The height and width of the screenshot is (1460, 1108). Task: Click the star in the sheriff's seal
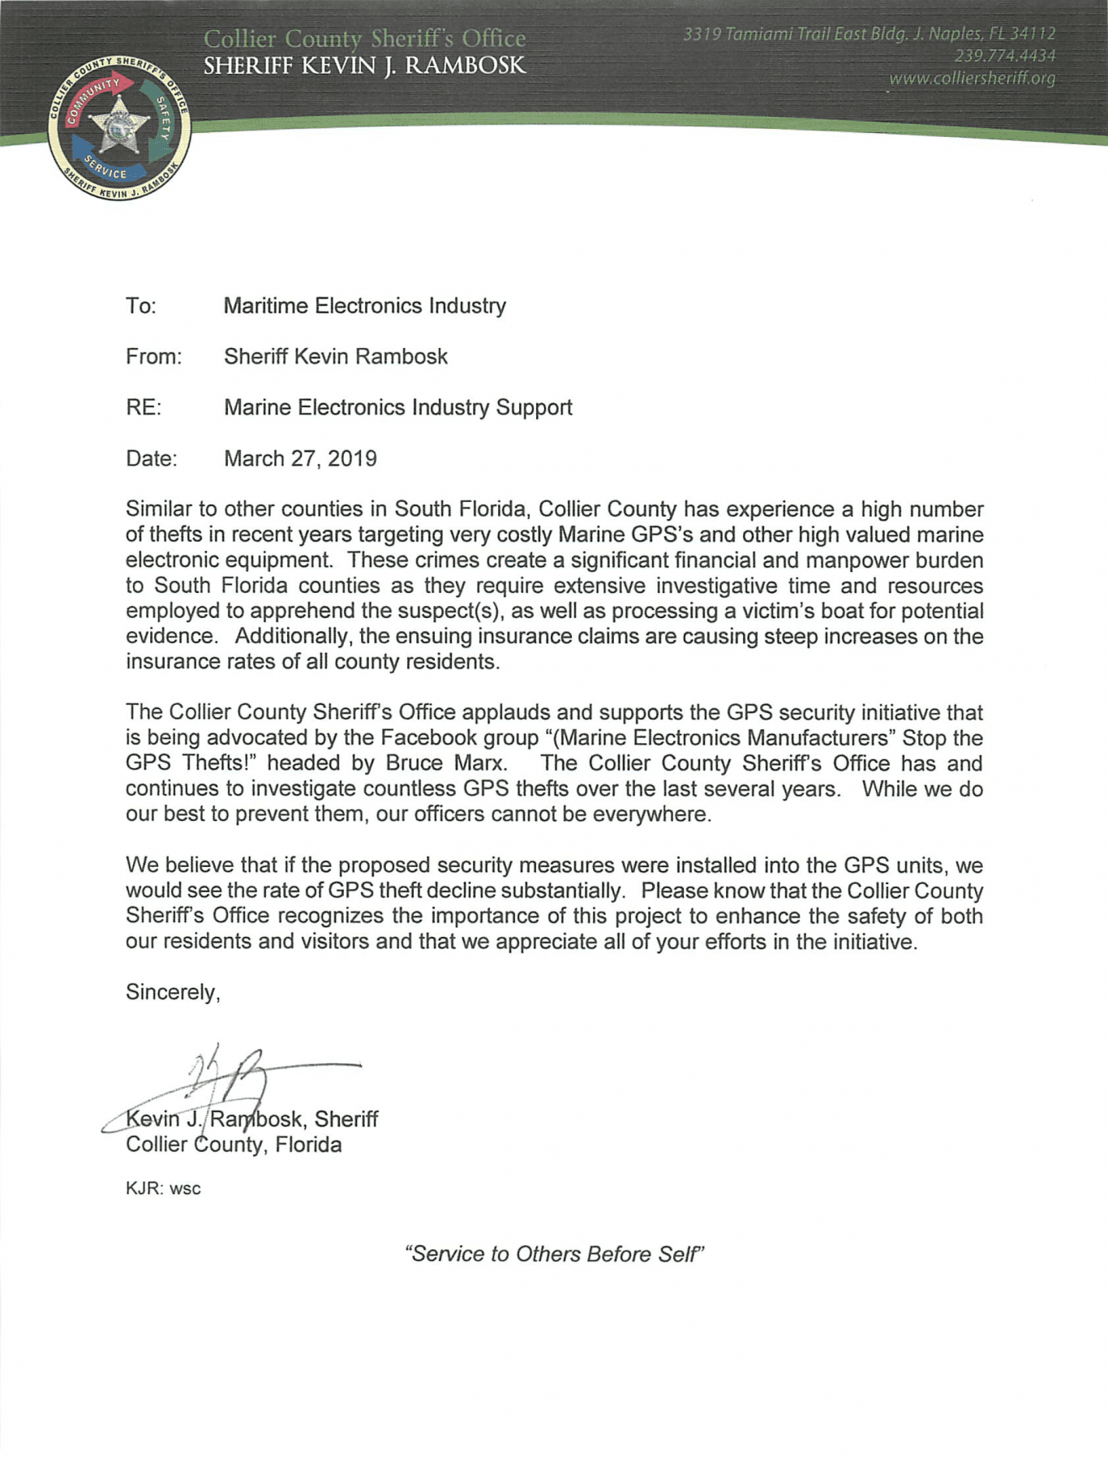(x=119, y=127)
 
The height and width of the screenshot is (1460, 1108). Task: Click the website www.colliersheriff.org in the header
(x=972, y=79)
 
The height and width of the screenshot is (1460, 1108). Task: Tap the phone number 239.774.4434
(x=1005, y=56)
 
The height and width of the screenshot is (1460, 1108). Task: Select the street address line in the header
(x=869, y=34)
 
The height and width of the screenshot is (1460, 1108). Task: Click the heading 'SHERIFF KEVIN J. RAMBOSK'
(x=364, y=66)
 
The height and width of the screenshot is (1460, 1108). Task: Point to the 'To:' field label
(x=140, y=306)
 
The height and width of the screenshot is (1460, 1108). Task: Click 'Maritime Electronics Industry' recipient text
(x=364, y=306)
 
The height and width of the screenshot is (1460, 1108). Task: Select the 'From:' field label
(x=153, y=357)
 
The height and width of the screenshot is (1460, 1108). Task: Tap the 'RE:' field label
(x=144, y=407)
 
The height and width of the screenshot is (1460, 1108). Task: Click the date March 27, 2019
(x=300, y=458)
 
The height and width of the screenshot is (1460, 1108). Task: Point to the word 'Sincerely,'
(x=173, y=992)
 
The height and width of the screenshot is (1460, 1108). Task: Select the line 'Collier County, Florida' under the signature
(x=234, y=1144)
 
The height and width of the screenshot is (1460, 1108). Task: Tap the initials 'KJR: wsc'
(x=163, y=1188)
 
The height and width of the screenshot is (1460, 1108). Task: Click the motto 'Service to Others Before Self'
(x=554, y=1254)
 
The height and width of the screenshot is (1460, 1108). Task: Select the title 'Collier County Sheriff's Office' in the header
(x=364, y=38)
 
